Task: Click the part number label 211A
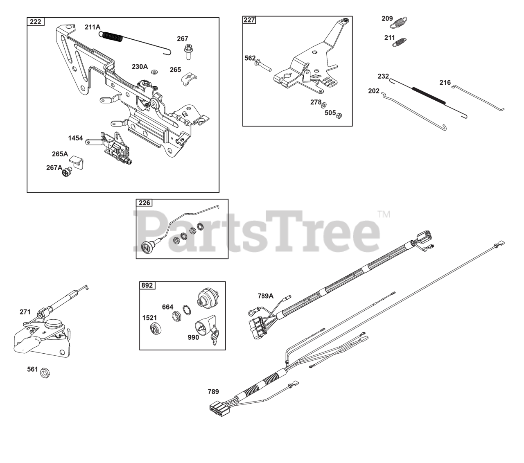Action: point(92,27)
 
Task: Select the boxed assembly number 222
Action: point(36,22)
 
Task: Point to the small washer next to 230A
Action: point(154,72)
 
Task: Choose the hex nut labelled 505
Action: point(338,116)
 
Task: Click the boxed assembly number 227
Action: point(249,20)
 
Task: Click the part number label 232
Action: point(383,77)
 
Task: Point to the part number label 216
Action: point(445,82)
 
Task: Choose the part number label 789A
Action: point(265,296)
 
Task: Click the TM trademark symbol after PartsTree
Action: point(384,214)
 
